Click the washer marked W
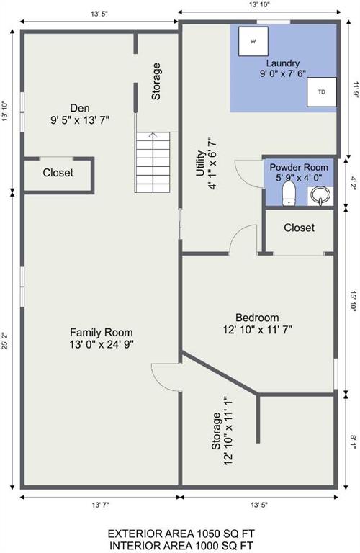(x=253, y=41)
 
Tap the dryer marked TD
(x=322, y=92)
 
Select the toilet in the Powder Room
(x=289, y=194)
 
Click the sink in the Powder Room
(x=320, y=196)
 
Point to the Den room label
(x=80, y=108)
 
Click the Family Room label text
(x=102, y=332)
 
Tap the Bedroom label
(x=257, y=318)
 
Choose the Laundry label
(x=283, y=63)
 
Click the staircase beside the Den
(x=153, y=162)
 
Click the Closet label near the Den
(x=58, y=173)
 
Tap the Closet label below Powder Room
(x=299, y=228)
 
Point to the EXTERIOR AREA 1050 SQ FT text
(x=181, y=533)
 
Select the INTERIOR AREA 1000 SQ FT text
(x=181, y=546)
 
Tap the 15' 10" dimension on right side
(x=354, y=300)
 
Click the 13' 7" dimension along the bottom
(x=101, y=505)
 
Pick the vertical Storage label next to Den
(x=156, y=81)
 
